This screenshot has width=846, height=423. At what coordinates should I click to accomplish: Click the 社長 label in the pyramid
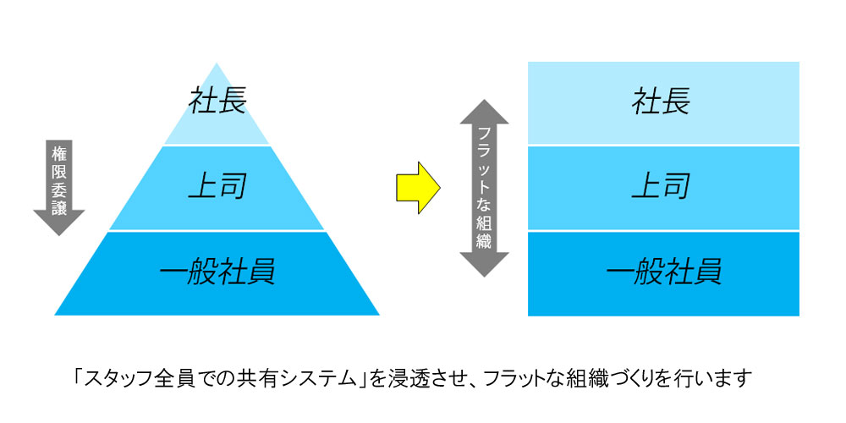pos(217,101)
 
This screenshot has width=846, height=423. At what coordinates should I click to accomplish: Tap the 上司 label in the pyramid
pos(217,185)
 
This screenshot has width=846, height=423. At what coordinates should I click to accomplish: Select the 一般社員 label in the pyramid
pos(217,272)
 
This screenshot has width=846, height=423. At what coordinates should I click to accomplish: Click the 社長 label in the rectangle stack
pos(662,101)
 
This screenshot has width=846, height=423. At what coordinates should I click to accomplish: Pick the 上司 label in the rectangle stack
pos(662,185)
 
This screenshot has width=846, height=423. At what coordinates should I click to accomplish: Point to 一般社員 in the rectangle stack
pos(662,272)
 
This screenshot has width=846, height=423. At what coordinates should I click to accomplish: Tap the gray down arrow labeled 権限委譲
pos(58,186)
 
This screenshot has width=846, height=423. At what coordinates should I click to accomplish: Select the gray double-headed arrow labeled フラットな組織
pos(484,188)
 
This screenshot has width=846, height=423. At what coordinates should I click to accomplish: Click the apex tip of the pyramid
pos(217,63)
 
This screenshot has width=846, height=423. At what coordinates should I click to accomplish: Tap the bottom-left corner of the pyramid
pos(56,315)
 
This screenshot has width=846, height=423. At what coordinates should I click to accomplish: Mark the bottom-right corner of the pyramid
pos(379,315)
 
